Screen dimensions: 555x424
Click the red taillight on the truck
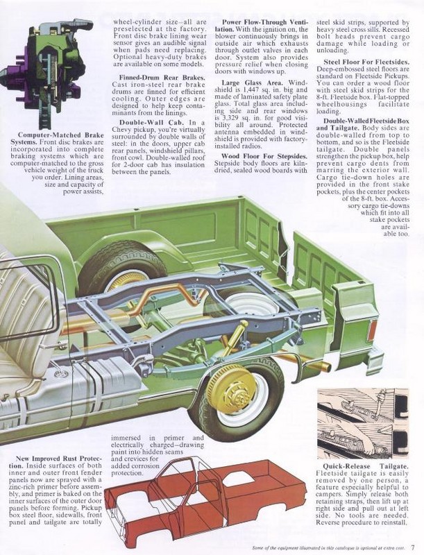click(373, 330)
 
